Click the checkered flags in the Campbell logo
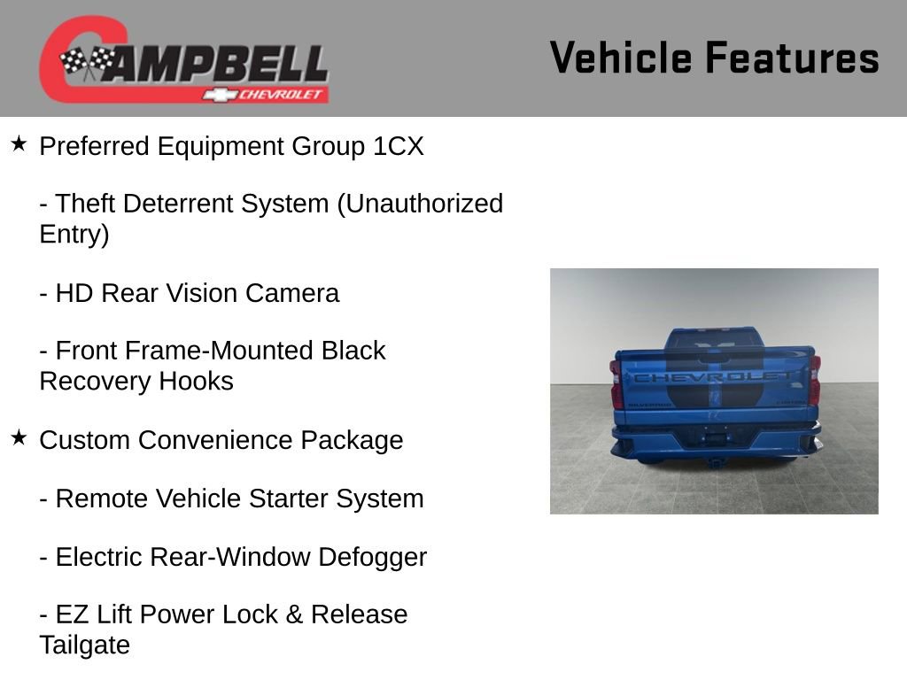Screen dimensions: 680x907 (88, 62)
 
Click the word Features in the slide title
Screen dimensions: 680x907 (792, 58)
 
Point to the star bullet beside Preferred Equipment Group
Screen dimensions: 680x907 (19, 143)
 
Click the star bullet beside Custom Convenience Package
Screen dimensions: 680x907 (19, 437)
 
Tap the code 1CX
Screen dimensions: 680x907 (399, 146)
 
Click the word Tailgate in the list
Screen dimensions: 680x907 (84, 645)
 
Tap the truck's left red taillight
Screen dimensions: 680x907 (616, 383)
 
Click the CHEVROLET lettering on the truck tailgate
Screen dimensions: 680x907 (714, 377)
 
